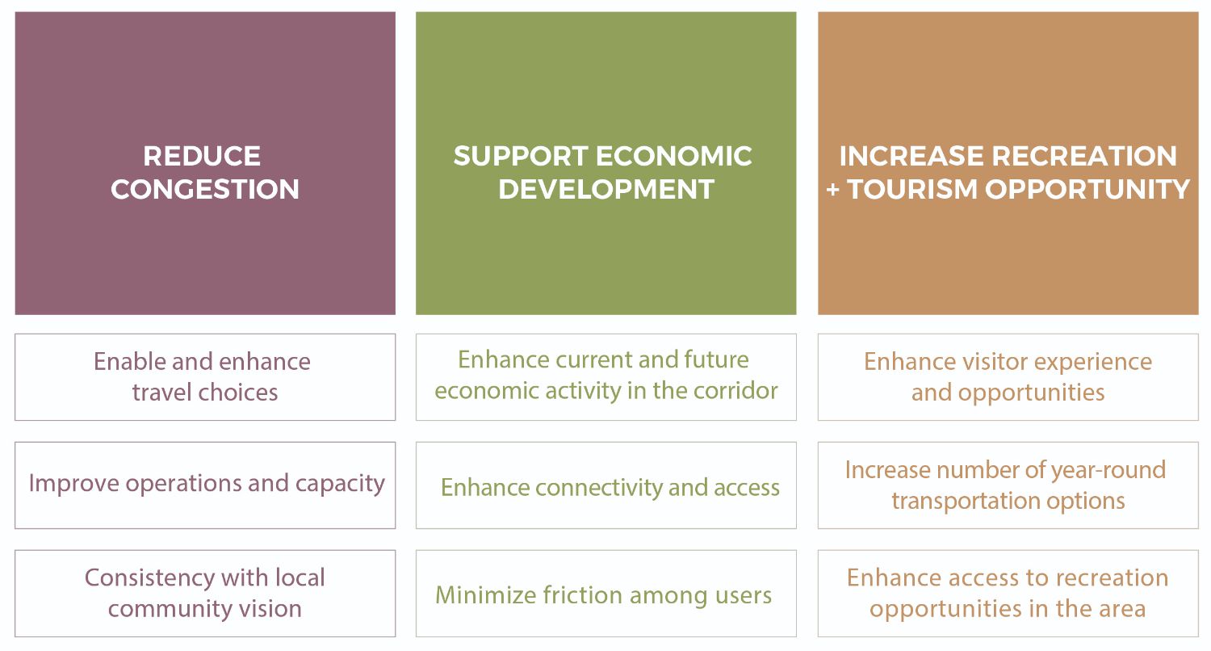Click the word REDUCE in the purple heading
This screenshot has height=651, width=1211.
point(202,155)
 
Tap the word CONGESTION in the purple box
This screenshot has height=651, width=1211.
point(205,189)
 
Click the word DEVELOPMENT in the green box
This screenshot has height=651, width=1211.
point(606,189)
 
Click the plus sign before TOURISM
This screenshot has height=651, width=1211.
point(832,190)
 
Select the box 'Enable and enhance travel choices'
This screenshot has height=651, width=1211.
point(205,376)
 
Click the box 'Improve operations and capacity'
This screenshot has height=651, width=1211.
point(205,485)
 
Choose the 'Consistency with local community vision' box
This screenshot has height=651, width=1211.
point(205,593)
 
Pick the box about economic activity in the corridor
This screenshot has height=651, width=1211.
point(605,376)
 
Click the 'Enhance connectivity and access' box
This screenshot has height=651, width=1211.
point(605,485)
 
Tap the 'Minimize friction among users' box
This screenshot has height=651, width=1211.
point(605,594)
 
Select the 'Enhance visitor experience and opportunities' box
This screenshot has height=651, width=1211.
point(1008,376)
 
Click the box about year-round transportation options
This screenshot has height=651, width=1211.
point(1008,485)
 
